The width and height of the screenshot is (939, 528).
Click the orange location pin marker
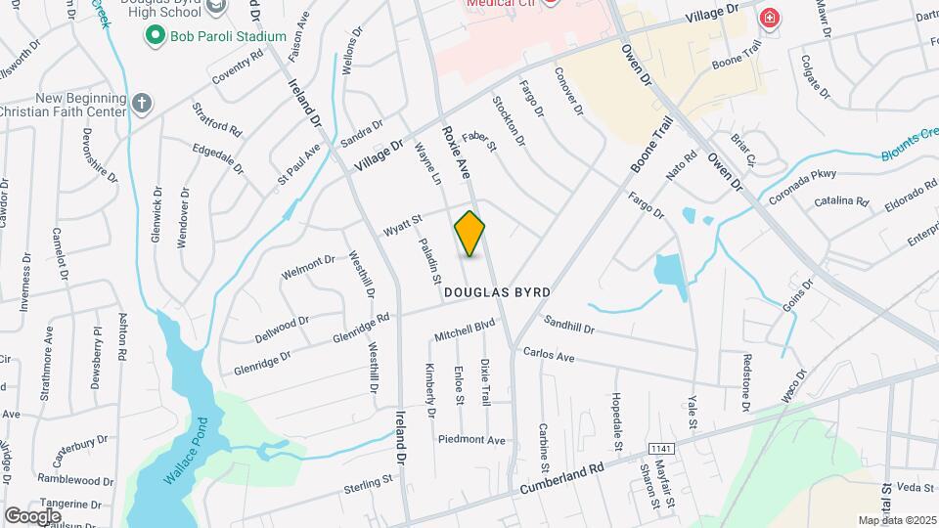469,234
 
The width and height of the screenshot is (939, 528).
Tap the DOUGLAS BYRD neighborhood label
497,292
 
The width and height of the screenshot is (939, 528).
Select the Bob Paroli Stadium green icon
155,36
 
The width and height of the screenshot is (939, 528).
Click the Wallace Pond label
182,455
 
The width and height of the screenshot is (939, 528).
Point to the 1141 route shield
660,447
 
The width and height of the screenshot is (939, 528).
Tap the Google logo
32,515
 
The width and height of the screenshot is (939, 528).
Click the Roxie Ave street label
456,153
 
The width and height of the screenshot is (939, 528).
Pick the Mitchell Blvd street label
466,331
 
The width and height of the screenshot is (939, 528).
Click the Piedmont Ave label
471,439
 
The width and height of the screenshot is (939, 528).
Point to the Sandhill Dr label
568,324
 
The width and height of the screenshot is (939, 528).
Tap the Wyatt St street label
401,224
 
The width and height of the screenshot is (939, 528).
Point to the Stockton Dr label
510,121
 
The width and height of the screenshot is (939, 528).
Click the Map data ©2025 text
895,520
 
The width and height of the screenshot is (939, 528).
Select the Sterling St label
368,483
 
